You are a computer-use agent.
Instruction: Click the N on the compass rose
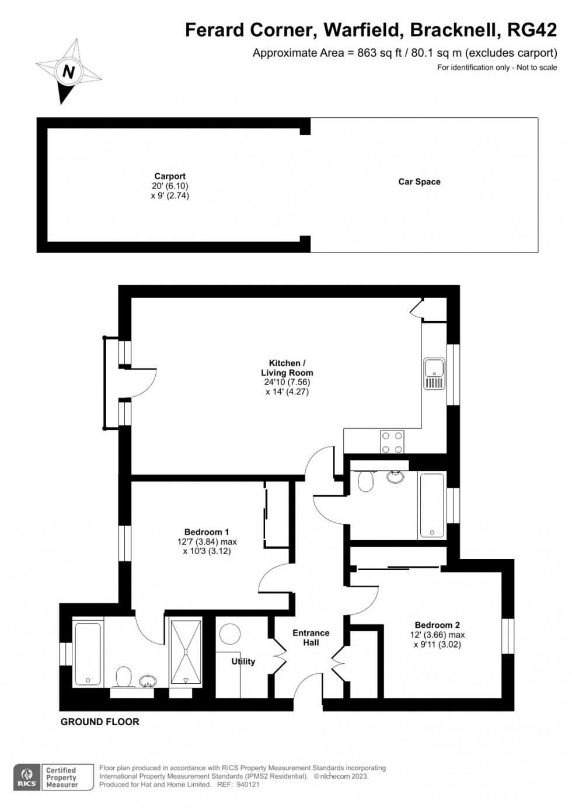68,72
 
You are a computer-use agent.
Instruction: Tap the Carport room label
170,176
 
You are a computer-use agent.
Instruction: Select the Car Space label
419,181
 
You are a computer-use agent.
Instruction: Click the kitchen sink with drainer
434,373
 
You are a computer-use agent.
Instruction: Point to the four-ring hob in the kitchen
392,442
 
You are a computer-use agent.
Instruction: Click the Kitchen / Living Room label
287,368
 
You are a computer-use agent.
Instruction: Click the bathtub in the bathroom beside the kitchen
432,506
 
